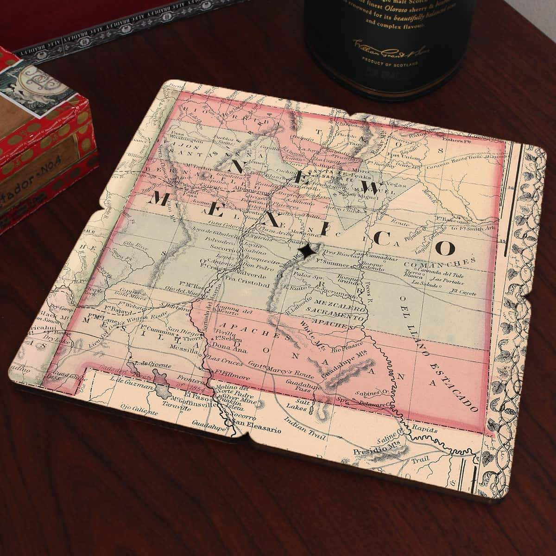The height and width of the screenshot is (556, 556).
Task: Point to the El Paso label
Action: [194, 395]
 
